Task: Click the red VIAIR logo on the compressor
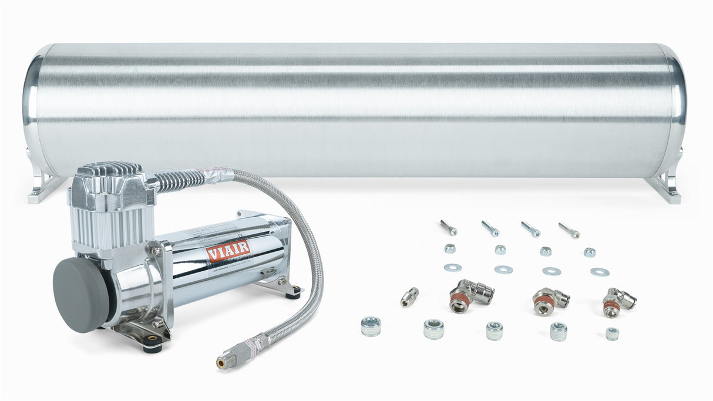228,251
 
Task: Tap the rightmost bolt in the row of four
569,230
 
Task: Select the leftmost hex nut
450,248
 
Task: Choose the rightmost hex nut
589,252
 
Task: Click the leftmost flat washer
452,268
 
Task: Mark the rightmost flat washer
600,272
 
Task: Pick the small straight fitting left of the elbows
409,296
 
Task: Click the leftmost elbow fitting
470,295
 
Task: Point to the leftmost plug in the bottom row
371,326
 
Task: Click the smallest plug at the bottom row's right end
612,333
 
